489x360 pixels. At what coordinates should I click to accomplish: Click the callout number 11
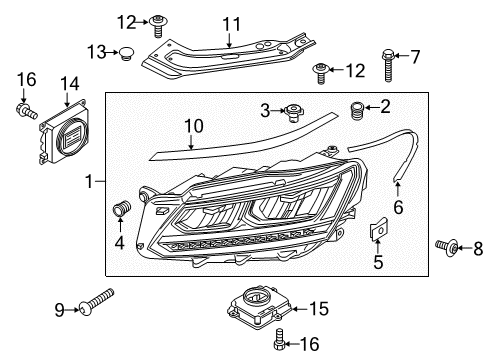pyautogui.click(x=231, y=24)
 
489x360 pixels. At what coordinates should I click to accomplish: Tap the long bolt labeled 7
pyautogui.click(x=388, y=65)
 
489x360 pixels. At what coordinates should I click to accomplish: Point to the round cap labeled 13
pyautogui.click(x=127, y=53)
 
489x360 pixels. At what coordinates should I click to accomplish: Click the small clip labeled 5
pyautogui.click(x=379, y=228)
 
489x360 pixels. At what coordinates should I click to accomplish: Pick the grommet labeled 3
pyautogui.click(x=292, y=112)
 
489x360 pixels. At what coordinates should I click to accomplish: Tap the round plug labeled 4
pyautogui.click(x=121, y=208)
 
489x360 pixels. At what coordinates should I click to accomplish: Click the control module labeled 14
pyautogui.click(x=64, y=131)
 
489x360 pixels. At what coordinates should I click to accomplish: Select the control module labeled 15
pyautogui.click(x=260, y=307)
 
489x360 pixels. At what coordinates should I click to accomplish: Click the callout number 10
pyautogui.click(x=194, y=126)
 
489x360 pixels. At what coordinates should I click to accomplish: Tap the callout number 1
pyautogui.click(x=89, y=182)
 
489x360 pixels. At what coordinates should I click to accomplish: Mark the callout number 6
pyautogui.click(x=398, y=207)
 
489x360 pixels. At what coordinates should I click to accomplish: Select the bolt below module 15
pyautogui.click(x=280, y=339)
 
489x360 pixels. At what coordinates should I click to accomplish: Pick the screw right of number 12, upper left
pyautogui.click(x=158, y=26)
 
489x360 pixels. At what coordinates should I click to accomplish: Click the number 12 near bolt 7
pyautogui.click(x=355, y=70)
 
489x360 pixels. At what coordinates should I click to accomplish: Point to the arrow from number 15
pyautogui.click(x=300, y=309)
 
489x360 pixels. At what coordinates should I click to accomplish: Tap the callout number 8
pyautogui.click(x=478, y=248)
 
